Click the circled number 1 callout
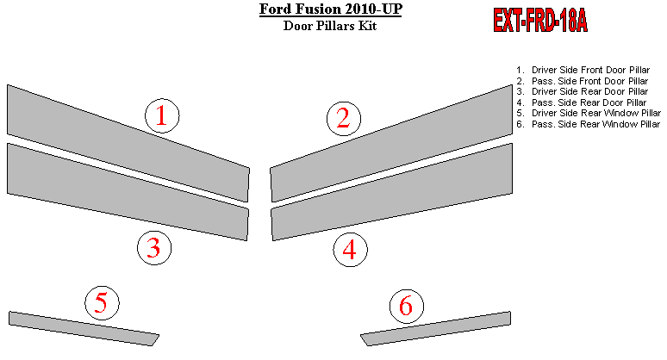[162, 115]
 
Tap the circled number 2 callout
[344, 119]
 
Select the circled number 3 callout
[154, 248]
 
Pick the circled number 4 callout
[350, 250]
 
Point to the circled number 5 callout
[102, 302]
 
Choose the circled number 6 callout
[407, 306]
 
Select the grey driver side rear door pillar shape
[128, 192]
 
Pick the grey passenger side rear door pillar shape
[391, 192]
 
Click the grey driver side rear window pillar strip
[84, 328]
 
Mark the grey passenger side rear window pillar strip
[435, 328]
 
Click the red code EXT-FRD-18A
[540, 20]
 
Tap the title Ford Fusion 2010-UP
[331, 9]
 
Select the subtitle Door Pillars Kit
[330, 26]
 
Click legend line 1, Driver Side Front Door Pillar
[583, 70]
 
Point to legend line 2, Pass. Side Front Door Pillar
[583, 81]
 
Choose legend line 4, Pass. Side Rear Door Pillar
[582, 102]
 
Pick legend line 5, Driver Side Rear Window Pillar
[589, 113]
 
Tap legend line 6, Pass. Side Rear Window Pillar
[589, 124]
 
